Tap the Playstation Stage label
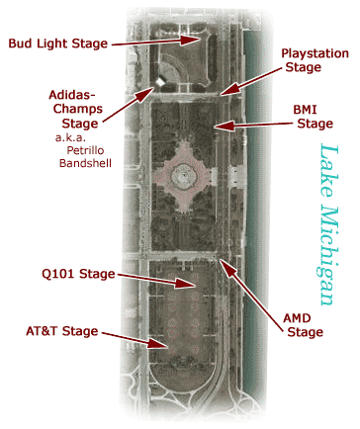[315, 59]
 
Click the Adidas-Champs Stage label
[74, 109]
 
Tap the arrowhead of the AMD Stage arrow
[224, 259]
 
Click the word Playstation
[315, 51]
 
